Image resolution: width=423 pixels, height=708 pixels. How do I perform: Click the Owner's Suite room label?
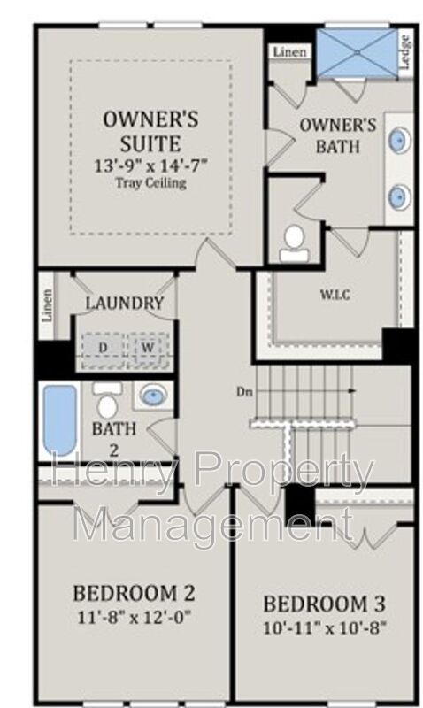pos(150,131)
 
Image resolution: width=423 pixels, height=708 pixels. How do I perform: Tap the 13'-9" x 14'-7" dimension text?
pos(150,165)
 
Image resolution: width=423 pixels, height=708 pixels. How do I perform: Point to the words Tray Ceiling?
pos(150,183)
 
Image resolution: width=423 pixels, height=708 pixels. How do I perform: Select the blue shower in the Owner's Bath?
pos(357,53)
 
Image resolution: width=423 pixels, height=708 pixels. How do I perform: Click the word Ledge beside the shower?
pos(405,52)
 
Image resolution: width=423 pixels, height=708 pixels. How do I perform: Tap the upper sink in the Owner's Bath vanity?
pos(400,139)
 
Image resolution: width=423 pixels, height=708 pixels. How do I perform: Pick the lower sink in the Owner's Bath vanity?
pos(400,196)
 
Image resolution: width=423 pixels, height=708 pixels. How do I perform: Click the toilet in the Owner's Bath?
pos(295,244)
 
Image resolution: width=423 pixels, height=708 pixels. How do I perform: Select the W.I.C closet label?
pos(335,295)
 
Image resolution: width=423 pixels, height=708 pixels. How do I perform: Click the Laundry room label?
pos(125,303)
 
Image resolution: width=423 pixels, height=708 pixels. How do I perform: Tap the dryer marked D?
pos(104,348)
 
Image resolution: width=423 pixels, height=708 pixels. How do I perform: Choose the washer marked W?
pos(148,348)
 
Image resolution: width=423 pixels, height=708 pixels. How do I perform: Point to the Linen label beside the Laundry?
pos(47,305)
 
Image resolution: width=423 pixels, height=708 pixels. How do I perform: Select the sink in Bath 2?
pos(153,395)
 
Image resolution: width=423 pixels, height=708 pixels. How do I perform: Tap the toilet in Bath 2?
pos(107,401)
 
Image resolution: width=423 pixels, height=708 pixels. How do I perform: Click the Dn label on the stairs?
pos(244,392)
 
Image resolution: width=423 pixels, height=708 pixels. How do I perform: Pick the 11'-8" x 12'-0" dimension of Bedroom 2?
pos(135,617)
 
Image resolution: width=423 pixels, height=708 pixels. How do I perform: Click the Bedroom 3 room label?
pos(324,604)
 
